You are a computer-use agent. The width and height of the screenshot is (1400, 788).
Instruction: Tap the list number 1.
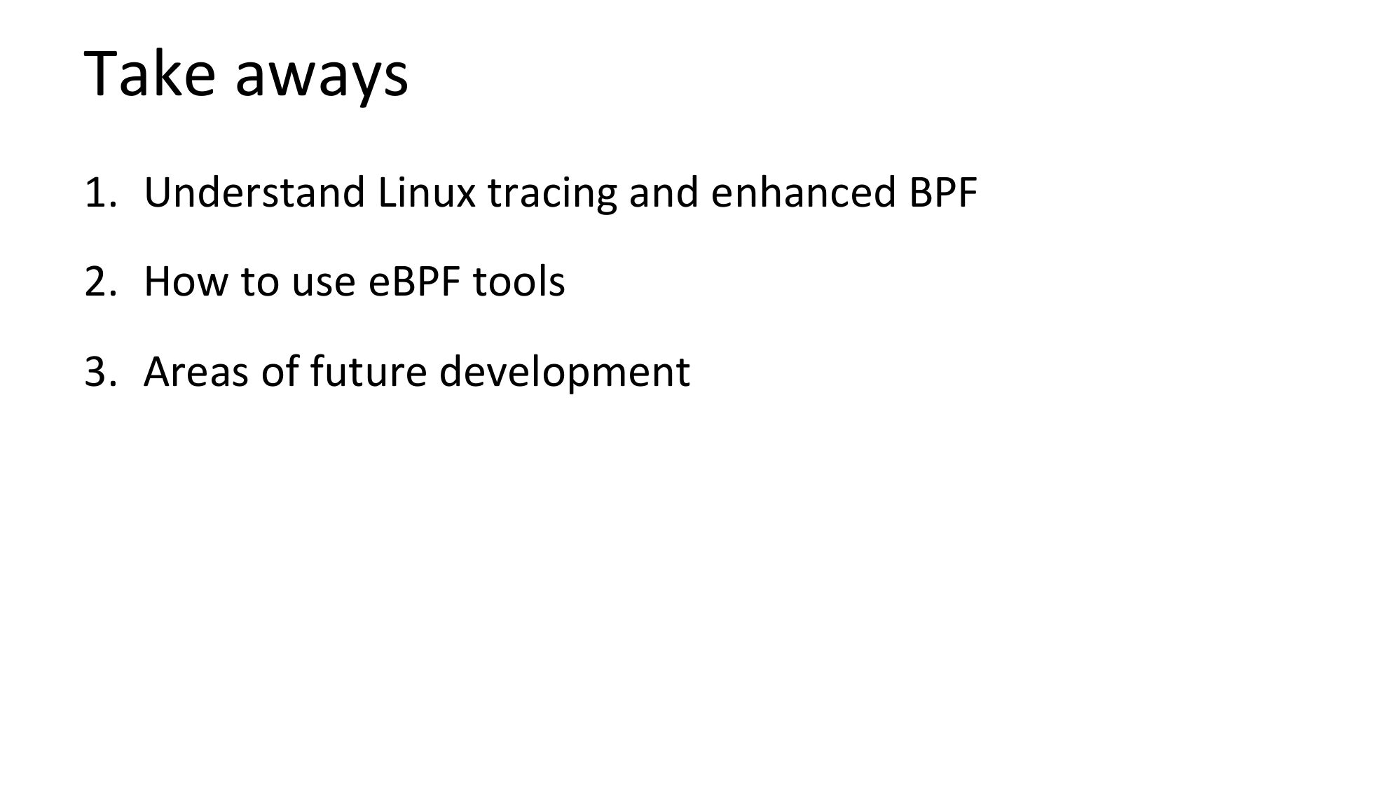coord(99,193)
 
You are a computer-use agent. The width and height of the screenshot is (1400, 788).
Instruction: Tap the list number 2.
coord(99,282)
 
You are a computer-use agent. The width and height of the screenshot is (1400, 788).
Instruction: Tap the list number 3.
coord(99,371)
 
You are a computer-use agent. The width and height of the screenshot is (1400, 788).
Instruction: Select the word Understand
coord(254,192)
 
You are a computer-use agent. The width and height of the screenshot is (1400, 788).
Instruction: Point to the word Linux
coord(427,192)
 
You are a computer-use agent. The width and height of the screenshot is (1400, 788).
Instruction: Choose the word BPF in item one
coord(943,193)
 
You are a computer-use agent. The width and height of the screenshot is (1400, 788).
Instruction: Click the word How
coord(186,282)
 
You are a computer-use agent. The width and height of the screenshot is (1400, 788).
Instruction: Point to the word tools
coord(519,282)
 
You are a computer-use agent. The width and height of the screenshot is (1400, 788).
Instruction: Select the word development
coord(565,373)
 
